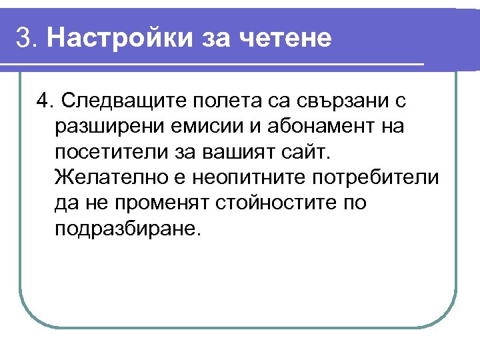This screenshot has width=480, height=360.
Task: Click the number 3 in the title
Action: [24, 39]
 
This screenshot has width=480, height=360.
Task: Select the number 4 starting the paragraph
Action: [43, 101]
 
